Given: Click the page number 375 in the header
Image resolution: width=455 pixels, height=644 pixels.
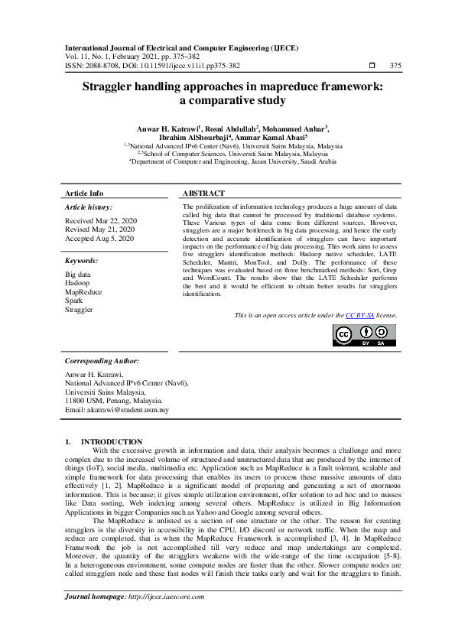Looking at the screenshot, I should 395,66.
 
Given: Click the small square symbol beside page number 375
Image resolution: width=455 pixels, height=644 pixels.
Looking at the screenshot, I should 372,66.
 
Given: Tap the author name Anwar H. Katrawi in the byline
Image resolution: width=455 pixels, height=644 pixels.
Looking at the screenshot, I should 167,128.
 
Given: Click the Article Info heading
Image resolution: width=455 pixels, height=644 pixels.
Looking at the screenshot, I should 84,194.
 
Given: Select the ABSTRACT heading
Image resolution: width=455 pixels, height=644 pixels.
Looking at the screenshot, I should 203,194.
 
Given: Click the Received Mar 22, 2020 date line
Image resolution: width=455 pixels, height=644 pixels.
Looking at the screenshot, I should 99,220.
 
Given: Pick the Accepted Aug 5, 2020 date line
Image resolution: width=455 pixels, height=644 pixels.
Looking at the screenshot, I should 99,239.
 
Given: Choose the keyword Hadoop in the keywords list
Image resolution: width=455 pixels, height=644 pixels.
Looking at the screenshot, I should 77,282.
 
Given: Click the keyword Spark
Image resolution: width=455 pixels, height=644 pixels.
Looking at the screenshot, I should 74,301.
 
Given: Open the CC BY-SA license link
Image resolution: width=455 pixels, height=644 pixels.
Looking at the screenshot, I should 359,315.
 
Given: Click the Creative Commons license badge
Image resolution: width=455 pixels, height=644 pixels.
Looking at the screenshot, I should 363,336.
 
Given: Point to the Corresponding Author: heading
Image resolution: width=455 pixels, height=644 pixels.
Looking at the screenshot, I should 102,359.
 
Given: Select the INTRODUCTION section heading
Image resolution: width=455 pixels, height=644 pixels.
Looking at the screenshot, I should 112,441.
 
